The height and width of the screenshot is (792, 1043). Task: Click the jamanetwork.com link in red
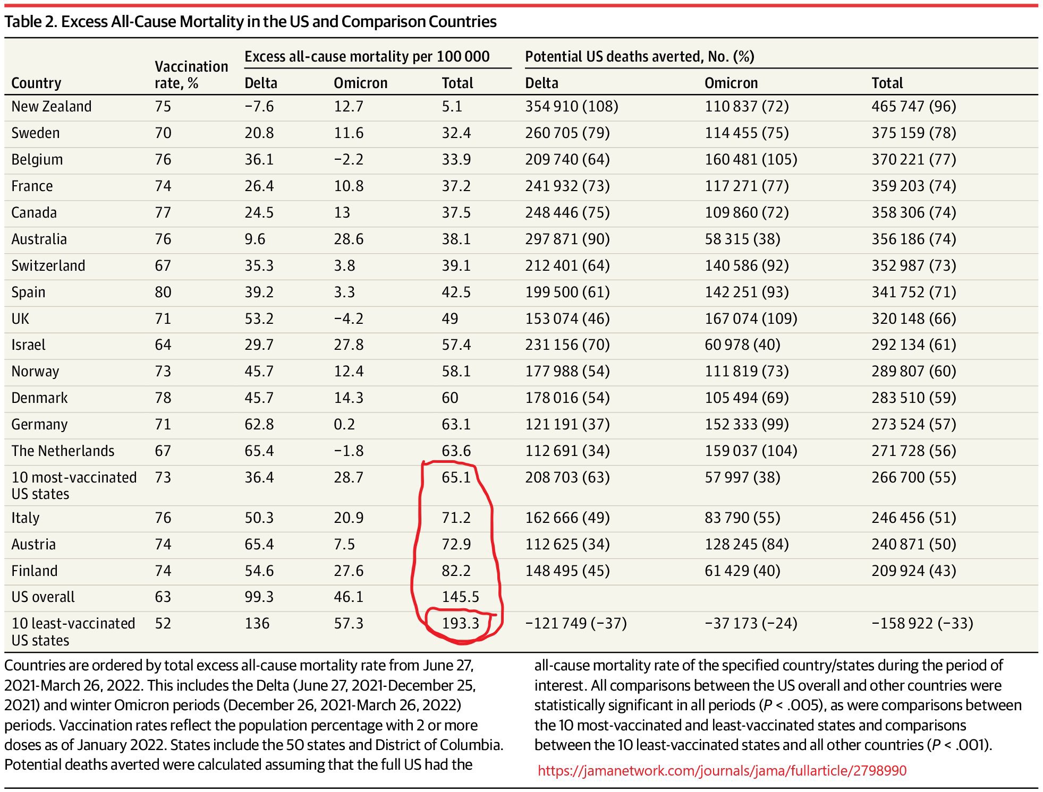[722, 770]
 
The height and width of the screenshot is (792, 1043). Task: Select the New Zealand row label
[52, 106]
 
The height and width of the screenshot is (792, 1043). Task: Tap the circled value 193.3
[460, 623]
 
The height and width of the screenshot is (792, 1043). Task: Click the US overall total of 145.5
[460, 597]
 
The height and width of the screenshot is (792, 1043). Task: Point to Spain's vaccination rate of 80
[163, 292]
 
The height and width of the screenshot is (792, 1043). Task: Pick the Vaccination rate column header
[191, 74]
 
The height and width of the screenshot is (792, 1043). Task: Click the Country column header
[36, 83]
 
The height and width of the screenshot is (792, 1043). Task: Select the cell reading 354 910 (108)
[572, 106]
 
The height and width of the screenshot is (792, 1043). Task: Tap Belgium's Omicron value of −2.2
[349, 159]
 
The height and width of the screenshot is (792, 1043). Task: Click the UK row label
[20, 318]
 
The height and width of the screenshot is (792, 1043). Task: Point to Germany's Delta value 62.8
[259, 424]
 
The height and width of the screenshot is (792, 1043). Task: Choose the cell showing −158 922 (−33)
[922, 623]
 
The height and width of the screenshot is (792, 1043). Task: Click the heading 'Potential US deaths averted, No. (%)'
[640, 56]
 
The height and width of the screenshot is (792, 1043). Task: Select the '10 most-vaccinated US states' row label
[74, 485]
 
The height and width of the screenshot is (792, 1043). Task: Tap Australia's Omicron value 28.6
[349, 239]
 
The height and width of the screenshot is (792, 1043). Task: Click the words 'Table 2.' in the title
[31, 21]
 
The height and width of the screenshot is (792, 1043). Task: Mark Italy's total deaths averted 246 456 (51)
[914, 518]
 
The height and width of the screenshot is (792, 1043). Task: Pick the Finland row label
[35, 571]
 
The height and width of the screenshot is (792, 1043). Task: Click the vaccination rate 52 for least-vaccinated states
[163, 623]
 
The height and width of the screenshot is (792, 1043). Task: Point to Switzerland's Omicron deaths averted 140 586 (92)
[747, 265]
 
